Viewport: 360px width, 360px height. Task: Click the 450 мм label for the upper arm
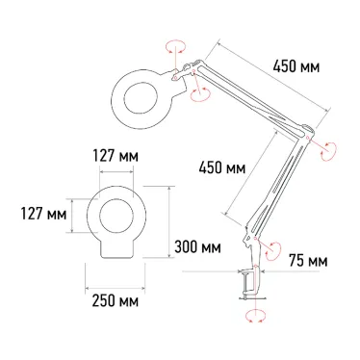(x=298, y=68)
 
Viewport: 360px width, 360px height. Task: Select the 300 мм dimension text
(x=197, y=247)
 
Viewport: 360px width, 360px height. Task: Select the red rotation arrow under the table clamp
(x=255, y=315)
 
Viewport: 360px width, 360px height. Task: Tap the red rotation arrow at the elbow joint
(x=328, y=149)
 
